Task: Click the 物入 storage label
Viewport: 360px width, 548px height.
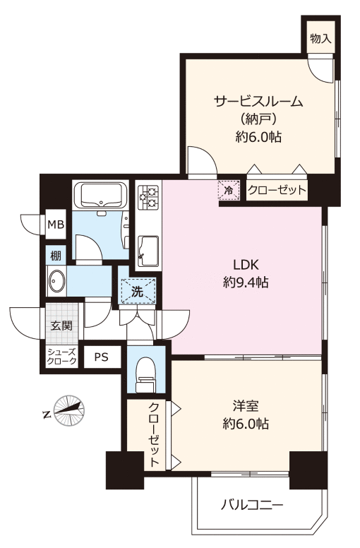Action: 320,38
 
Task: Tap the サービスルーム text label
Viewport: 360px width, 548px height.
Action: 258,102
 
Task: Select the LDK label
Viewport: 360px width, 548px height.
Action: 246,265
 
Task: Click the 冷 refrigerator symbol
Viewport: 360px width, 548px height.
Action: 229,191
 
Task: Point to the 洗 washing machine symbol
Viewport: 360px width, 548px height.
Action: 137,292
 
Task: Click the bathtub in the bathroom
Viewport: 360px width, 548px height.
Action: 101,195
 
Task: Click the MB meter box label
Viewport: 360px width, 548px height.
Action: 56,225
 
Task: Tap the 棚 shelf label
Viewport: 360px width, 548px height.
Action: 56,256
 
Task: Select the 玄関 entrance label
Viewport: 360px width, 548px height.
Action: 62,326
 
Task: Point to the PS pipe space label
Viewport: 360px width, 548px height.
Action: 101,357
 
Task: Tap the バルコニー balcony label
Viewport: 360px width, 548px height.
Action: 251,505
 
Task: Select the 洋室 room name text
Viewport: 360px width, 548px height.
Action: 246,407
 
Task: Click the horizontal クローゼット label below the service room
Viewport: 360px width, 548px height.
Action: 277,191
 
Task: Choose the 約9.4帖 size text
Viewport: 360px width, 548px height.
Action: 246,282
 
